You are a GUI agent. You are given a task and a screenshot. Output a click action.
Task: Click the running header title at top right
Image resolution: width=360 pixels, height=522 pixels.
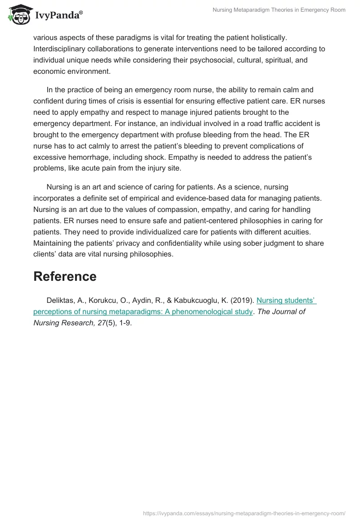(279, 10)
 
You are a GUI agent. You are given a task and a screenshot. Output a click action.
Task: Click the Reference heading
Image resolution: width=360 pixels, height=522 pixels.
(65, 276)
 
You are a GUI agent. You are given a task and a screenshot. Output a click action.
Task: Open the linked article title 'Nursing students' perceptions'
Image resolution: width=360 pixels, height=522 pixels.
(286, 300)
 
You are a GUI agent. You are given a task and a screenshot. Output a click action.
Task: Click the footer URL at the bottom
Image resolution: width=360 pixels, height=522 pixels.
(244, 513)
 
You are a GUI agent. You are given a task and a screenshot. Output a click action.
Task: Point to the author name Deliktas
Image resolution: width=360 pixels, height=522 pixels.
(61, 300)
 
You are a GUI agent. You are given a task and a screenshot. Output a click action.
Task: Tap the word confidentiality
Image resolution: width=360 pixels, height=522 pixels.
(186, 243)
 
